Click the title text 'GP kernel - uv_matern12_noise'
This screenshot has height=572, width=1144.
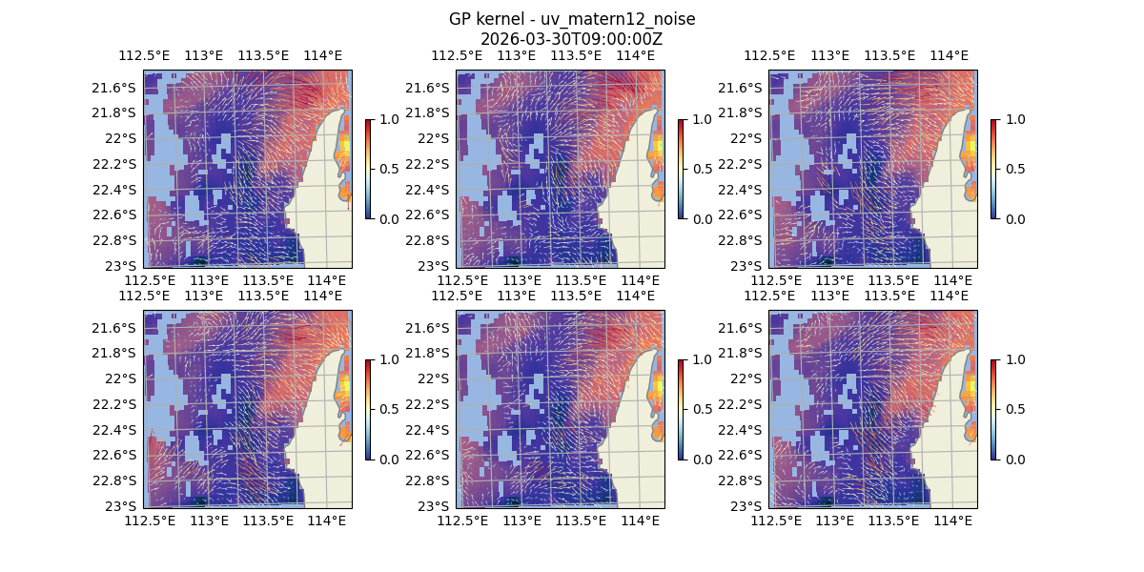click(571, 19)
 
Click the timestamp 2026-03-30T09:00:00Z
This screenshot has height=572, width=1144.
click(571, 39)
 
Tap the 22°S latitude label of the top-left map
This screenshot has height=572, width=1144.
click(120, 138)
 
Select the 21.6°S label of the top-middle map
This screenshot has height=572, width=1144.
click(427, 88)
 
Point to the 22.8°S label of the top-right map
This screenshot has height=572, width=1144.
click(740, 240)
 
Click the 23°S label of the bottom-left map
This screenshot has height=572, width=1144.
click(126, 506)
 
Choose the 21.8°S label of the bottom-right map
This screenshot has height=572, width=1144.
click(740, 353)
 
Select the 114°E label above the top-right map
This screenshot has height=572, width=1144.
click(949, 55)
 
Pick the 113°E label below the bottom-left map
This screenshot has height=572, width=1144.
click(210, 521)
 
